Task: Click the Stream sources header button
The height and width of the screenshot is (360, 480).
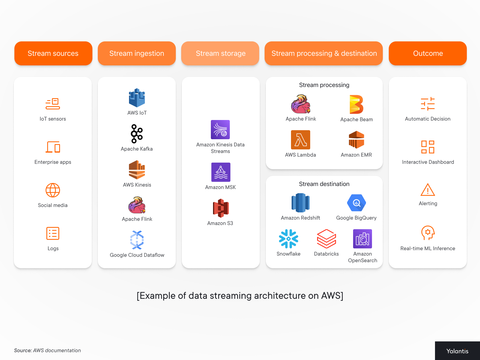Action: [53, 53]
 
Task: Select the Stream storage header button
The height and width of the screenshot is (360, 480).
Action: [220, 53]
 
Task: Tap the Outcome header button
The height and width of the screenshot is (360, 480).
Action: [428, 53]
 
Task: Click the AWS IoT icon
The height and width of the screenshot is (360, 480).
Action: [137, 98]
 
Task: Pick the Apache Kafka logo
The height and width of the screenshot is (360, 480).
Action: [137, 133]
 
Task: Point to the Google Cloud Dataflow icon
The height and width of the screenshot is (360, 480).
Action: [137, 240]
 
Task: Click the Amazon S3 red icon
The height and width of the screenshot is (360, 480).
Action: [221, 208]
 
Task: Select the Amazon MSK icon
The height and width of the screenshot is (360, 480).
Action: [221, 172]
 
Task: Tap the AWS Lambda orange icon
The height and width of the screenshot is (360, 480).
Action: [301, 140]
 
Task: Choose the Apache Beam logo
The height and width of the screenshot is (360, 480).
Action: [356, 104]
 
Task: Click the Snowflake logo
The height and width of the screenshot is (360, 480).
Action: [289, 239]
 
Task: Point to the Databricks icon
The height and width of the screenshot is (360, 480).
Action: [326, 239]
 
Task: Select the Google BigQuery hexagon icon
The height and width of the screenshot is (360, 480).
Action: [356, 203]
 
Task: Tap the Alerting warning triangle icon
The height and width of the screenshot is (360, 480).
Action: [428, 190]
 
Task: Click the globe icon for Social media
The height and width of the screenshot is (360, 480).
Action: [53, 190]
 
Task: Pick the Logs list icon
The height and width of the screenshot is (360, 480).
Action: [53, 233]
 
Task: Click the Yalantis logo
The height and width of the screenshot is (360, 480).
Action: [457, 351]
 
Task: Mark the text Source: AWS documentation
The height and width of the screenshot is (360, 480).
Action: [47, 350]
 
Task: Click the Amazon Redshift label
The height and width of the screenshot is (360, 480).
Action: [301, 218]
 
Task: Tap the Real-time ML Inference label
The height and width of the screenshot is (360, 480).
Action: [428, 248]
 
